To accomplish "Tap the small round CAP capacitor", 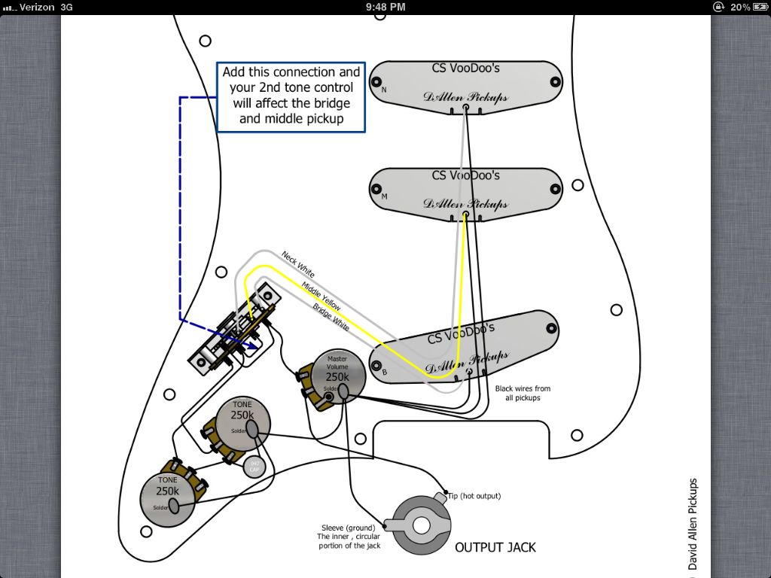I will coord(254,466).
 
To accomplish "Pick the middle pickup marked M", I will coord(467,194).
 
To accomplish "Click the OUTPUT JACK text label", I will coord(495,547).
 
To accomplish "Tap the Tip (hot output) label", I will coord(474,496).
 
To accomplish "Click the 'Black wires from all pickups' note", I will coord(523,393).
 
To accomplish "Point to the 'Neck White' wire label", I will coord(298,265).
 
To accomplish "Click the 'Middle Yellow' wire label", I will coord(321,297).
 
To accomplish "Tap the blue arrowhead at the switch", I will coord(251,345).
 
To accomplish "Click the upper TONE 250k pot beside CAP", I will coord(241,421).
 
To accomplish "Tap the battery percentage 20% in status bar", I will coord(739,7).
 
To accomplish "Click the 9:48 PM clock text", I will coord(385,7).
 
